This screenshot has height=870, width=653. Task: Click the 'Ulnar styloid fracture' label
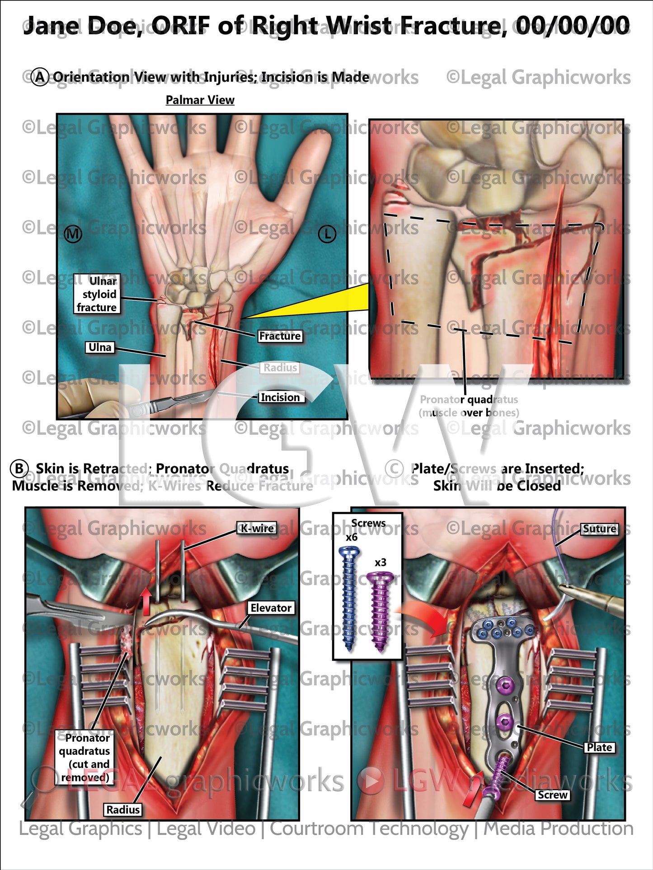[x=97, y=294]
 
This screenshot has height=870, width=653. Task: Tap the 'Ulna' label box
[x=100, y=347]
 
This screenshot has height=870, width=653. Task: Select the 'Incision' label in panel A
[x=280, y=397]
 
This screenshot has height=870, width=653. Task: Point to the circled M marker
[x=73, y=234]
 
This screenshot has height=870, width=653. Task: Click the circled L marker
[x=327, y=234]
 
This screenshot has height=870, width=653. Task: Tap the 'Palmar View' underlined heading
[x=200, y=100]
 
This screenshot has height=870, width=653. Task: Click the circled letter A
[x=40, y=77]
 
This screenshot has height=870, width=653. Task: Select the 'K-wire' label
[x=257, y=528]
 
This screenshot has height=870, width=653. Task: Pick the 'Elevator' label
[x=271, y=608]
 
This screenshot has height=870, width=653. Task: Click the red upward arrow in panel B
[x=146, y=601]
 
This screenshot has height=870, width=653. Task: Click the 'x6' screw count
[x=352, y=537]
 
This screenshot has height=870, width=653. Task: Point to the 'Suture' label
[x=600, y=529]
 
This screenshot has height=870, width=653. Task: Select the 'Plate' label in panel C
[x=599, y=748]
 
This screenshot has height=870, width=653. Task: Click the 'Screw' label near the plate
[x=552, y=795]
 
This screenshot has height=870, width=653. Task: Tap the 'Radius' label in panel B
[x=123, y=809]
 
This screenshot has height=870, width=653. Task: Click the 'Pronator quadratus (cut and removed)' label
[x=85, y=757]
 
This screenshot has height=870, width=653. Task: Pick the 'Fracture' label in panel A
[x=280, y=336]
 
